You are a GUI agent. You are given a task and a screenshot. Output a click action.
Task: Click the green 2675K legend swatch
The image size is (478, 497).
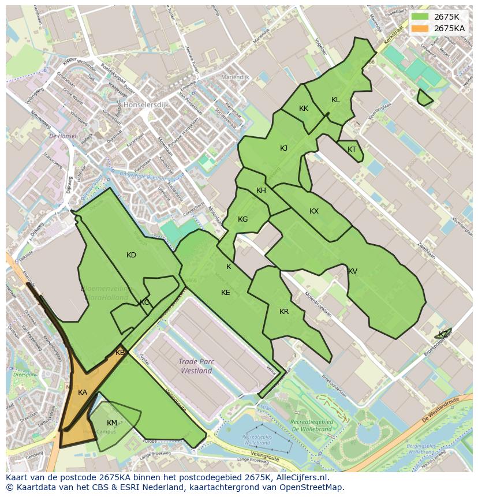click(x=420, y=17)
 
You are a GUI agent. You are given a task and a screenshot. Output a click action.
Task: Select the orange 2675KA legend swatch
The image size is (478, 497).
click(x=420, y=28)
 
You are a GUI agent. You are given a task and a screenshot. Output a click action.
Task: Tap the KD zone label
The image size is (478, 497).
click(x=131, y=255)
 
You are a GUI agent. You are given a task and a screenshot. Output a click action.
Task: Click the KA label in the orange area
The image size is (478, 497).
click(x=83, y=393)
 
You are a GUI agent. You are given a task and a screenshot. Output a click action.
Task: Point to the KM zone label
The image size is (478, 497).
click(x=112, y=423)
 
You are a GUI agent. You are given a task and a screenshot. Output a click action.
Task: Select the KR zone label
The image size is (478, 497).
click(x=284, y=312)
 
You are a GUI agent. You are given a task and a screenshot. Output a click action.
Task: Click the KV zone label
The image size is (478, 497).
click(x=352, y=271)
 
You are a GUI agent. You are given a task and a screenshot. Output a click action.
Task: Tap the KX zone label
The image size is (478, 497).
click(x=314, y=211)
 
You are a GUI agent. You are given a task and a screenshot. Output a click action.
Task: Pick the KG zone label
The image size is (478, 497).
click(x=243, y=219)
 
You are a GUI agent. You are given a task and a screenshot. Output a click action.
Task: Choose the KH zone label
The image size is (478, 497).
click(x=261, y=190)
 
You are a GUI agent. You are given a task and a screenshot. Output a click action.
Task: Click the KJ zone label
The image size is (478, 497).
click(x=283, y=148)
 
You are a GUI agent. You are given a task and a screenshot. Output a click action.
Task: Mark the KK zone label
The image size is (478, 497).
click(x=304, y=109)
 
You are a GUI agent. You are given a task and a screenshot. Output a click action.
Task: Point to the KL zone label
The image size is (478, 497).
click(x=335, y=100)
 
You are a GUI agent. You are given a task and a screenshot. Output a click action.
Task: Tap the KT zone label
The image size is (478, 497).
click(x=352, y=150)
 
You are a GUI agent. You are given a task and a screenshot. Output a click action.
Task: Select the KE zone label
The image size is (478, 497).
click(x=226, y=293)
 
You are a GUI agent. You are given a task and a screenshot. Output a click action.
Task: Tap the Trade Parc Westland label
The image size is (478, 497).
click(x=196, y=366)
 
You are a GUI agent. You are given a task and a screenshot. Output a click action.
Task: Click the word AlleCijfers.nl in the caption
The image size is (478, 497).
click(x=300, y=477)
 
